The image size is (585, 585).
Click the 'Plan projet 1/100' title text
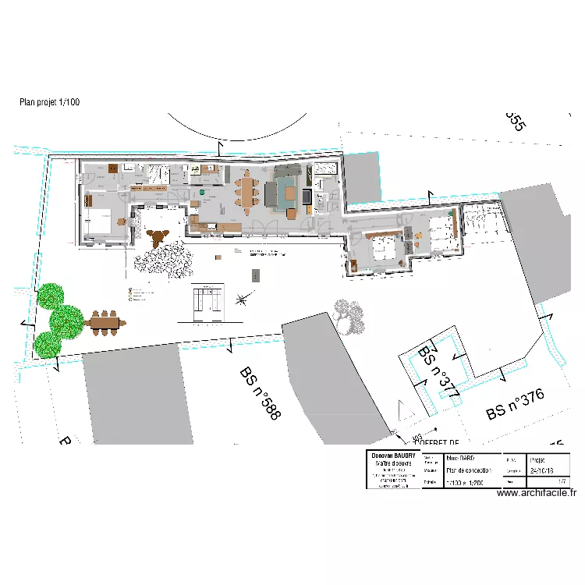49,102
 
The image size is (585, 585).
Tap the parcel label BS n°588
260,394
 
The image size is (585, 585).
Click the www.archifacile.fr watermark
536,492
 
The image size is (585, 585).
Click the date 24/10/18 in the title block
542,471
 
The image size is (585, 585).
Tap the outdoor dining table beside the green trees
105,321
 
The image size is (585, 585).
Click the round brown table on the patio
159,236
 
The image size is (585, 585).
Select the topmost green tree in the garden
52,296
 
